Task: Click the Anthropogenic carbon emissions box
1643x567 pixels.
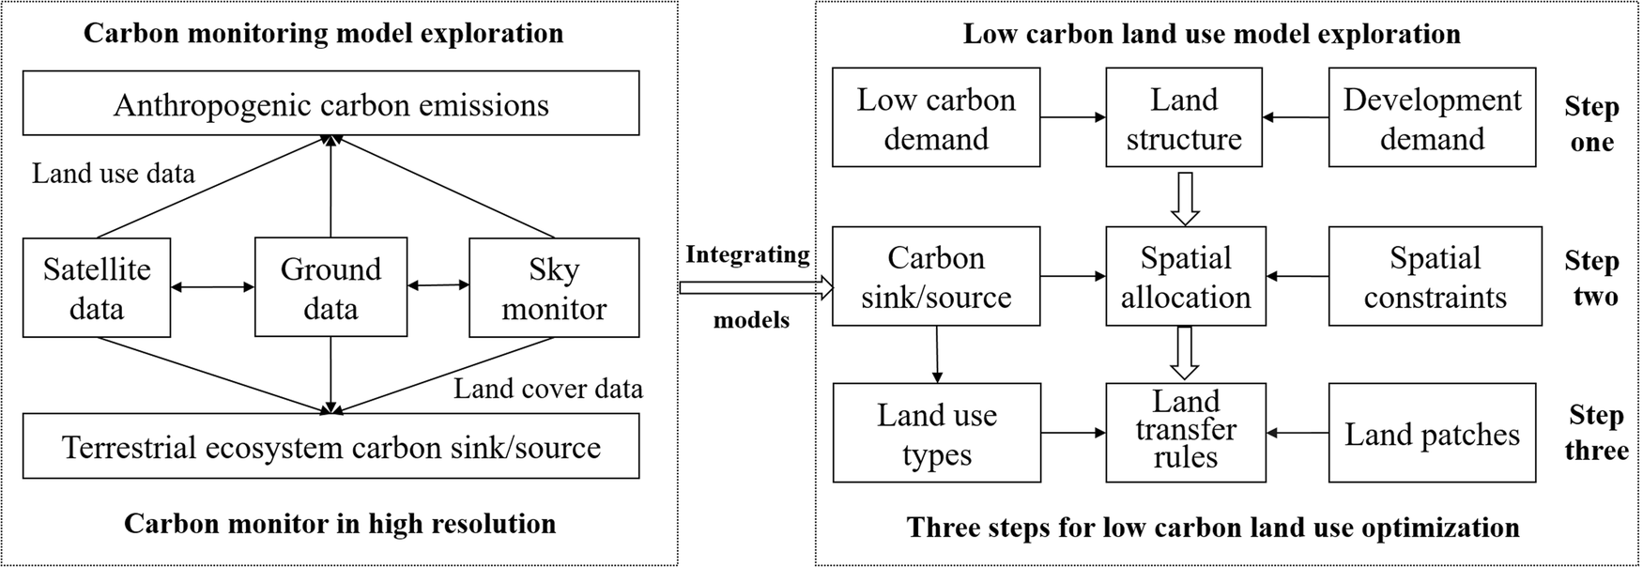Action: point(330,104)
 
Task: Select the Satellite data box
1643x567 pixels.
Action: point(97,288)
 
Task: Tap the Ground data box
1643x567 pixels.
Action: point(330,288)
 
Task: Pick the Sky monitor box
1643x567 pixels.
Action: point(554,288)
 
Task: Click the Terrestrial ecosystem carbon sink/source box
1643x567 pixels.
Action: point(330,447)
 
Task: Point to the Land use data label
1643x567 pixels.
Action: point(114,174)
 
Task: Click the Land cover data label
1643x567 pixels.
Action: point(548,389)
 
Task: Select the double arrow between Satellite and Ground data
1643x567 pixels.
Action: point(213,286)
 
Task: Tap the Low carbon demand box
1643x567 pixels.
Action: point(936,118)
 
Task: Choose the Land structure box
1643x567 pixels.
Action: point(1184,118)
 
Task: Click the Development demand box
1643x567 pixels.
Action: point(1432,118)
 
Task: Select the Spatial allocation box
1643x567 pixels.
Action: point(1185,277)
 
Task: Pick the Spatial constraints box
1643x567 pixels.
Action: point(1435,277)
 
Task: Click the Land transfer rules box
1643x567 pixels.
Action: point(1185,431)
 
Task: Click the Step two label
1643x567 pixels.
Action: point(1592,278)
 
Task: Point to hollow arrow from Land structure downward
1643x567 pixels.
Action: point(1186,197)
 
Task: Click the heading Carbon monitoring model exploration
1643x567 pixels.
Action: point(324,34)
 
